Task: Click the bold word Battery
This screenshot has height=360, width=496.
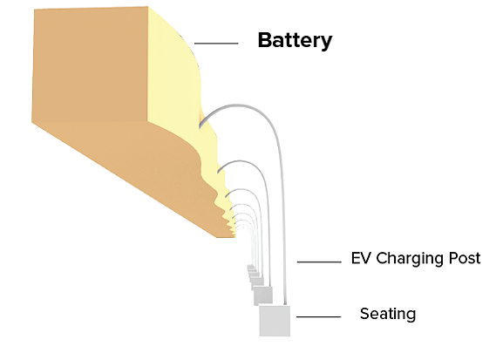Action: point(295,41)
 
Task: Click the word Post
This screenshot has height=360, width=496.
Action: point(465,258)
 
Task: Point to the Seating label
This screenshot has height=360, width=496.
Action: point(388,314)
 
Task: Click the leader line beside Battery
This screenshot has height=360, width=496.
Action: point(216,44)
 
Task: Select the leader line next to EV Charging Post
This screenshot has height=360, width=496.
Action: point(319,262)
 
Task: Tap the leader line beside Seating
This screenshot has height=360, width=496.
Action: point(318,316)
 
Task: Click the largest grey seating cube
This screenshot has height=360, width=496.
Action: point(275,321)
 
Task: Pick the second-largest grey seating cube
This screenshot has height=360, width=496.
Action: point(263,295)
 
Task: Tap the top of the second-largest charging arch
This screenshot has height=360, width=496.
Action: point(240,161)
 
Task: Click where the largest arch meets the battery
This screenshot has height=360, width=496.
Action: point(200,126)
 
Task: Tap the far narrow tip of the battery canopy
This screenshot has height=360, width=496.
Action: point(234,235)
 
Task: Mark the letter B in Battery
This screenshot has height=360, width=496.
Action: point(265,40)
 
